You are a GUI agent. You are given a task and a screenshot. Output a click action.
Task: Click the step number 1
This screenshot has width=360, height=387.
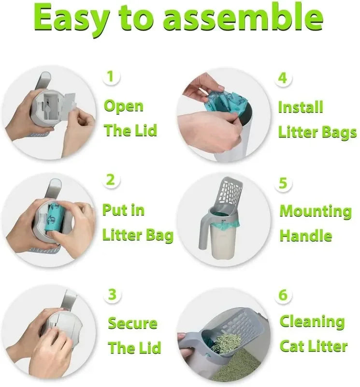[x=111, y=76]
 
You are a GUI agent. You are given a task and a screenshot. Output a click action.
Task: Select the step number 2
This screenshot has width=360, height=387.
[x=111, y=180]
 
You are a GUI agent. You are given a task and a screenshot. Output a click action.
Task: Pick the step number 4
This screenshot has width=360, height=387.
[x=283, y=78]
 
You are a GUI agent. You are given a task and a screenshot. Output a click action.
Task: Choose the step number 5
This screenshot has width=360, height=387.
[x=283, y=183]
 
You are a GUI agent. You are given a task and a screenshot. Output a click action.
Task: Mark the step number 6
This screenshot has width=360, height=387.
[x=284, y=295]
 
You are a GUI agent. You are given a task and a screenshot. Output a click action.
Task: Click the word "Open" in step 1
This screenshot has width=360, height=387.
[x=124, y=107]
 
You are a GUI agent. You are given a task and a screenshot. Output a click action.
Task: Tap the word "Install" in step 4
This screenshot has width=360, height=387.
[x=300, y=107]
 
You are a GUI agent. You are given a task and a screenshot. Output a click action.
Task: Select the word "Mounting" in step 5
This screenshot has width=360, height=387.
[x=316, y=212]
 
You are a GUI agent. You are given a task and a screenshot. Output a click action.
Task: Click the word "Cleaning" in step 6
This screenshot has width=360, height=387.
[x=312, y=321]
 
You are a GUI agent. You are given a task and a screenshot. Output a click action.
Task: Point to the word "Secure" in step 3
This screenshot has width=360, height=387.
[x=132, y=323]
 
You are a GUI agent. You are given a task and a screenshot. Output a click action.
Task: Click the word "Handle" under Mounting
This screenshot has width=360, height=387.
[x=306, y=236]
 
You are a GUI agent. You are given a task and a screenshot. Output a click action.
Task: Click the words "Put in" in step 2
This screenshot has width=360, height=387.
[x=123, y=210]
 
